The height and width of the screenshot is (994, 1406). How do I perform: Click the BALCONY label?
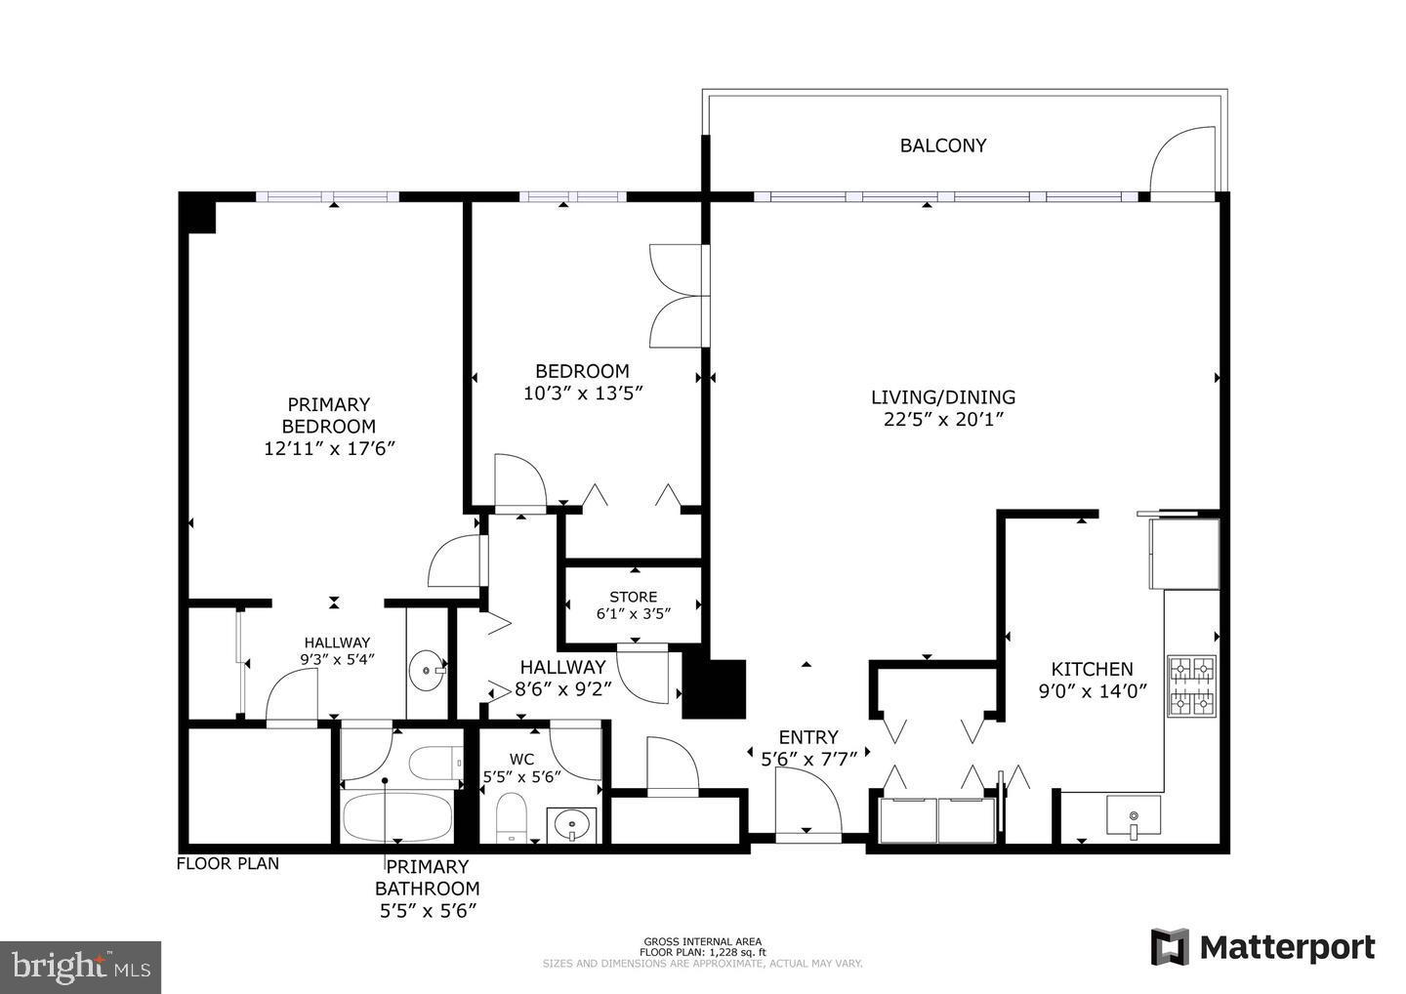(942, 145)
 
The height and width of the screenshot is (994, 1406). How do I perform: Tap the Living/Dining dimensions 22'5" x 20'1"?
(943, 420)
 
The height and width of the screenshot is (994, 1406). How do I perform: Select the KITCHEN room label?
(1092, 669)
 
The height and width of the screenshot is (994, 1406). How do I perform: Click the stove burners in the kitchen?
(1192, 685)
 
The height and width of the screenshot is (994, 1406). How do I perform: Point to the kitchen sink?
(1133, 815)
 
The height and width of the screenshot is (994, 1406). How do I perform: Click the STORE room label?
(633, 597)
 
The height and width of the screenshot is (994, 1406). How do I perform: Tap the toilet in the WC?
(512, 817)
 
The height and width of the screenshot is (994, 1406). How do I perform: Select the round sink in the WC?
(570, 825)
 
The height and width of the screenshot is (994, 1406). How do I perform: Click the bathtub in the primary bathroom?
(396, 815)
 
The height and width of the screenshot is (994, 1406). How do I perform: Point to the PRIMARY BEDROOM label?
(328, 415)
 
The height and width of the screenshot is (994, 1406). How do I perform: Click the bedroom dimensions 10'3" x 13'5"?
(582, 393)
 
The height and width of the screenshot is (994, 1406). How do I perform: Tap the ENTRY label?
(807, 737)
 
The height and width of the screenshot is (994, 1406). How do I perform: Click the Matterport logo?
(1263, 947)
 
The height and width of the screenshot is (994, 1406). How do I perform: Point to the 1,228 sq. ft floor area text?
(703, 952)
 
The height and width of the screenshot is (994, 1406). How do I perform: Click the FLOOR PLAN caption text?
(227, 863)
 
